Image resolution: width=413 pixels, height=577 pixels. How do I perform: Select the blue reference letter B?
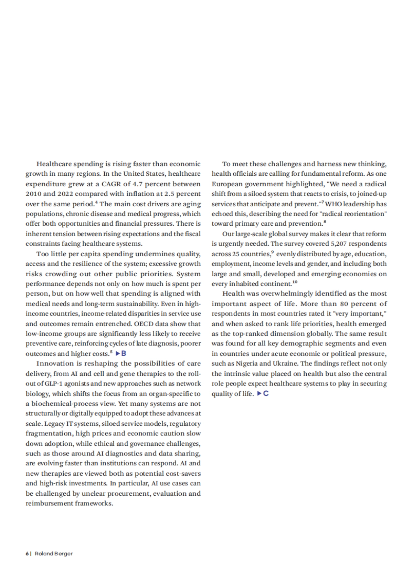click(124, 353)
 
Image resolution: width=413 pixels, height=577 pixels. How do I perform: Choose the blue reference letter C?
click(266, 393)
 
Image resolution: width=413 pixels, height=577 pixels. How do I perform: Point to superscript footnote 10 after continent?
click(295, 282)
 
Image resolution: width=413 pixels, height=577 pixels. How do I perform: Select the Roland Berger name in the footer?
click(54, 554)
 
